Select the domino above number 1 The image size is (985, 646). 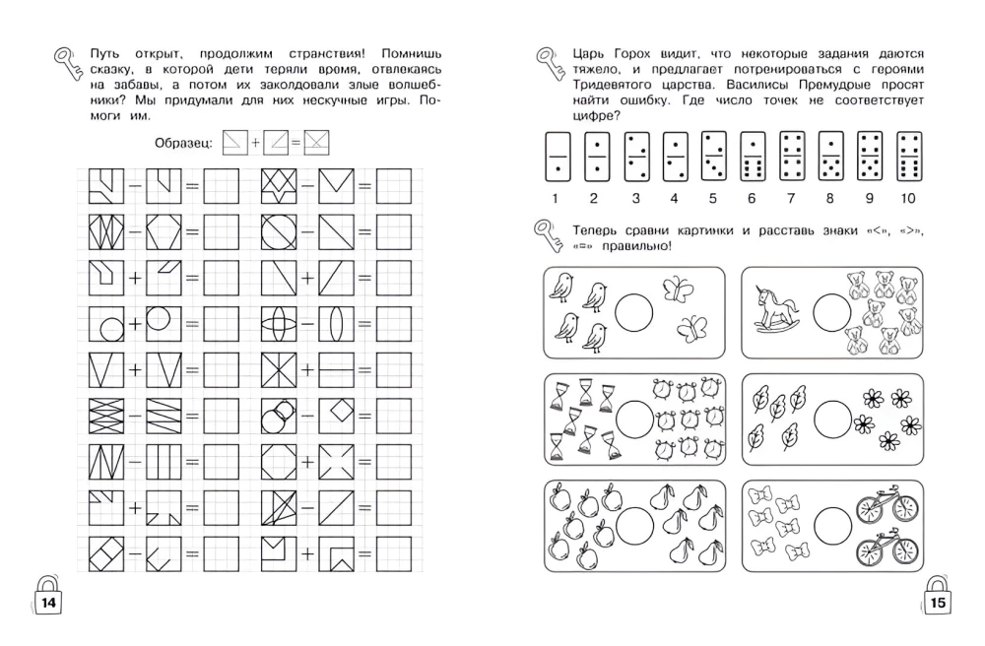[x=556, y=157]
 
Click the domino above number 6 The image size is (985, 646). [x=752, y=157]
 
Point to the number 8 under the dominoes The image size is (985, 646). [x=830, y=199]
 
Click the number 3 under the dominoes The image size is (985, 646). [x=634, y=199]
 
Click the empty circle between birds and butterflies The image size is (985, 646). [x=634, y=312]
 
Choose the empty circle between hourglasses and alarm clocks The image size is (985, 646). [x=634, y=417]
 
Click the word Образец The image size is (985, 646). [x=183, y=143]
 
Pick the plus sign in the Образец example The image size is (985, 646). [x=255, y=143]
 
